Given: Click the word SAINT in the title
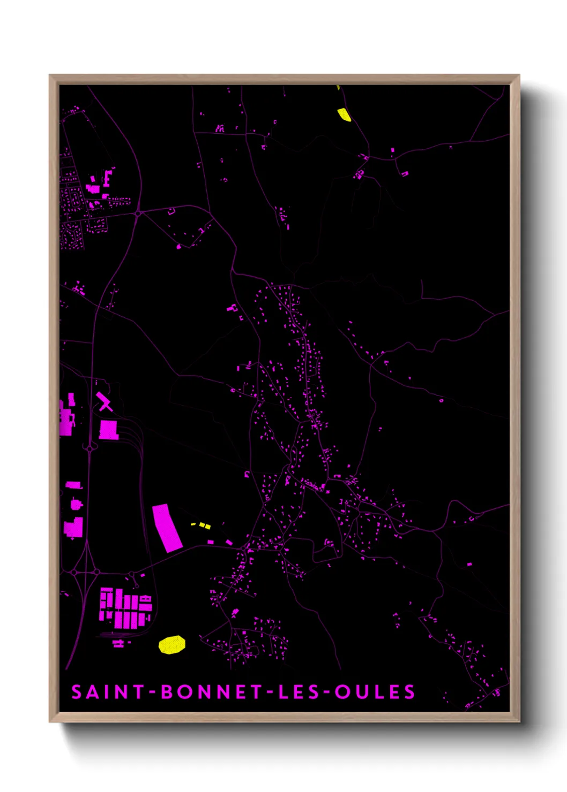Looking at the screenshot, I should (108, 692).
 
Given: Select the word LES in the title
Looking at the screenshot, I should (296, 692).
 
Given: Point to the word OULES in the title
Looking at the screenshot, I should (375, 692).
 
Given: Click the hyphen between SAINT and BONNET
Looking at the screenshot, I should (152, 692).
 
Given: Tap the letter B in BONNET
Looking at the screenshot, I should (167, 692).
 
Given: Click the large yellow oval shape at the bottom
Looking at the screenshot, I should (172, 644).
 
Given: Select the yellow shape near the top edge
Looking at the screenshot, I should (344, 115).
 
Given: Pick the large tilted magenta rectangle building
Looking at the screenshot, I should (167, 528).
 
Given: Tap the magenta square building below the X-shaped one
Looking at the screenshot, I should (108, 430).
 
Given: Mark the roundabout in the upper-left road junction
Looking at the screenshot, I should (138, 214).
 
